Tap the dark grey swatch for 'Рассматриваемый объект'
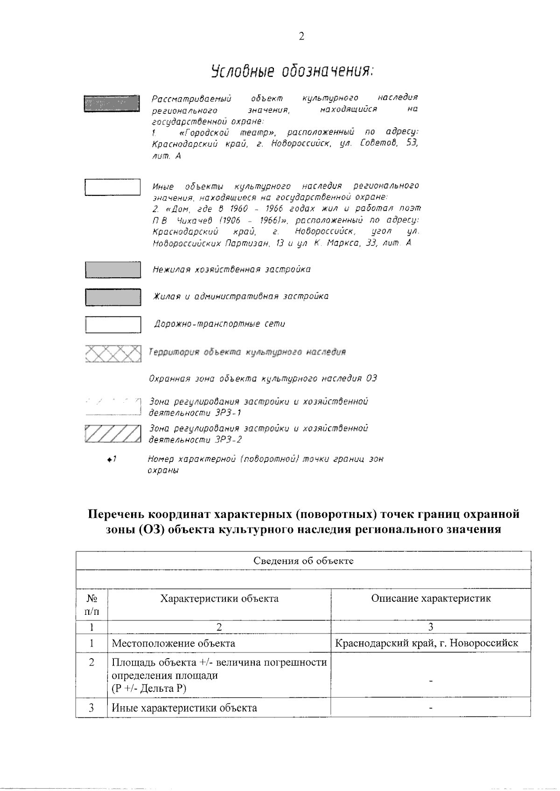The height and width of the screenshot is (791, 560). tap(112, 103)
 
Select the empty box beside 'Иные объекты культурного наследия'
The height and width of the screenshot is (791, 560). tap(112, 187)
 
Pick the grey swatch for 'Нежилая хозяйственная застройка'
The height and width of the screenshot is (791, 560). tap(113, 270)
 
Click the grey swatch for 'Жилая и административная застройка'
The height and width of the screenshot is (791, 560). tap(113, 297)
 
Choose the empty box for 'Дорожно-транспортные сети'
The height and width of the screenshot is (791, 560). tap(113, 324)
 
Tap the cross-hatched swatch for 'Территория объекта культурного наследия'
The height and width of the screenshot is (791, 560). tap(113, 353)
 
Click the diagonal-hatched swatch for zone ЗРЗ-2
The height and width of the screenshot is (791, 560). tap(113, 433)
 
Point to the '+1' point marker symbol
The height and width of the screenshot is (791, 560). tap(111, 460)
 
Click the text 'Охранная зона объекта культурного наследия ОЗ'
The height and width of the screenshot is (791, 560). tap(262, 378)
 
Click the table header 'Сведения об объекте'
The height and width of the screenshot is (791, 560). tap(303, 561)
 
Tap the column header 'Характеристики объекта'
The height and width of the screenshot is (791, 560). tap(219, 598)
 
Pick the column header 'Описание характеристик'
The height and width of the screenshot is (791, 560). tap(431, 598)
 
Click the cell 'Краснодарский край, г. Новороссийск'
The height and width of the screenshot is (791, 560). tap(427, 644)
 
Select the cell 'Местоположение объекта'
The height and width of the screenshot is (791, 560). tap(174, 644)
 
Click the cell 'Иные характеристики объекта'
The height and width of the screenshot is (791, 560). tap(184, 708)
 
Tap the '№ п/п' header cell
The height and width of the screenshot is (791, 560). tap(91, 604)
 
